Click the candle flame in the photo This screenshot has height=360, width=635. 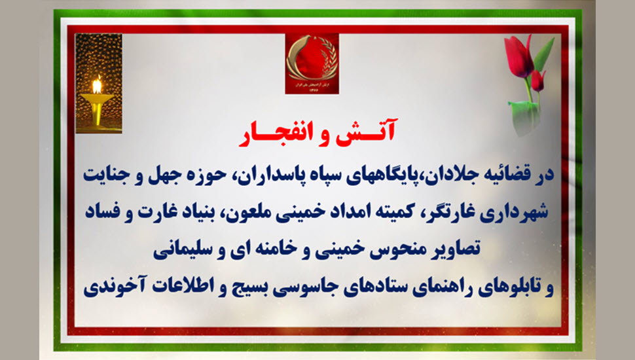pos(97,85)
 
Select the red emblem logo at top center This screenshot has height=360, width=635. pos(312,63)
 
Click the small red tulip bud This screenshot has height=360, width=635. pos(537,80)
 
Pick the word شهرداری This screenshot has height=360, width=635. pos(515,213)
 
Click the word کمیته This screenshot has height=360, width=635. pos(387,212)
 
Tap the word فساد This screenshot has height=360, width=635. pos(103,212)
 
